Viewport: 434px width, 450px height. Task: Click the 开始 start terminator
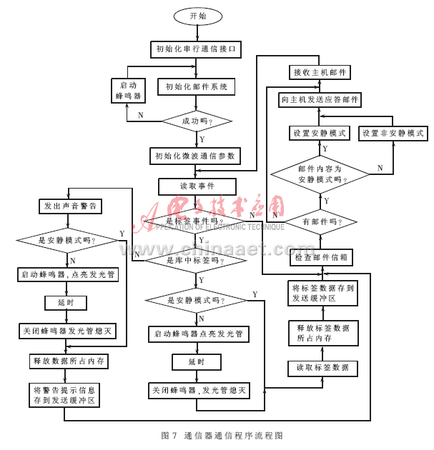[197, 16]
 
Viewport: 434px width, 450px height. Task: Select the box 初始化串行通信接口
[197, 50]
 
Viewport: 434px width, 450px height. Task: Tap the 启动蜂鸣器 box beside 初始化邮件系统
[128, 90]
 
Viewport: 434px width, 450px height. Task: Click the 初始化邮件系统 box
[197, 87]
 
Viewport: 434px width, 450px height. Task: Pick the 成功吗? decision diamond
[197, 121]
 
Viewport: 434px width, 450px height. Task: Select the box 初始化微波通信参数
[197, 156]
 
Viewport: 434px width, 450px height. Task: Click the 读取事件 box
[197, 186]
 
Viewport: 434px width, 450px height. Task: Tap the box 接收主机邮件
[320, 73]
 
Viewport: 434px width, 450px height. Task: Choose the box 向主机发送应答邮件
[320, 100]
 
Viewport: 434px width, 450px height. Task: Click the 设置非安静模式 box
[393, 134]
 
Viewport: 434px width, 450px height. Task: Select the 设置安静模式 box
[320, 134]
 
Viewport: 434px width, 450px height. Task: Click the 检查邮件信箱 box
[320, 257]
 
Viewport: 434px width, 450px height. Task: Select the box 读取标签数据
[322, 368]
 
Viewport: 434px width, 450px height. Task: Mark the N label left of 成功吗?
[140, 115]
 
